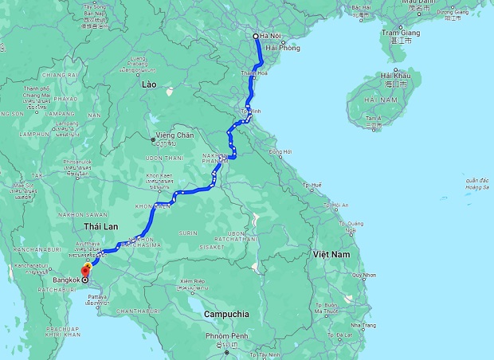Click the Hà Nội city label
271,36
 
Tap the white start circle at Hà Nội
256,37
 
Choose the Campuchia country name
226,314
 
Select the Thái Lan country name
100,227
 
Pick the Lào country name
148,84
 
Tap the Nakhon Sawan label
82,213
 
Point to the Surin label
188,233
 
